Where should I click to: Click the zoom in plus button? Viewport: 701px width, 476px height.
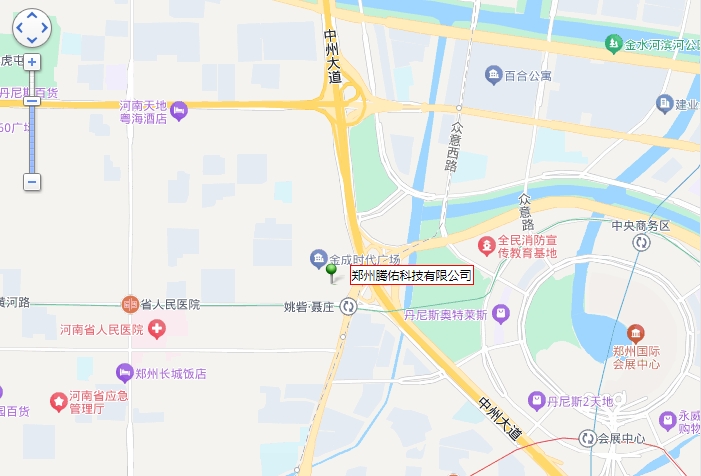(32, 62)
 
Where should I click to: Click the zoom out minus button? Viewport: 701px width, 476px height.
(32, 182)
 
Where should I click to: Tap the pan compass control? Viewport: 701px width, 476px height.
(32, 28)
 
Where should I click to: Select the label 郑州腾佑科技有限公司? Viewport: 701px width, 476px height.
(411, 275)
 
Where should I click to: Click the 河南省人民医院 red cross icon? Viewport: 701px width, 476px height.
(156, 328)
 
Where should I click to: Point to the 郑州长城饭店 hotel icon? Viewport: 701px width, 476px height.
(125, 373)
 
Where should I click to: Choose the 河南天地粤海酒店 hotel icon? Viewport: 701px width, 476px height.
(179, 111)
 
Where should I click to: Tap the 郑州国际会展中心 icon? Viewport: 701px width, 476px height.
(636, 332)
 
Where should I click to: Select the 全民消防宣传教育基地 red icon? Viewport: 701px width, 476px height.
(486, 243)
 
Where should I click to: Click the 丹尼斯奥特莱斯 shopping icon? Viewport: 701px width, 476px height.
(501, 315)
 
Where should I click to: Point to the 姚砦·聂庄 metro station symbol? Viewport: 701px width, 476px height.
(347, 307)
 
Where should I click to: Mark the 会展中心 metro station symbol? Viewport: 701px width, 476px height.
(588, 439)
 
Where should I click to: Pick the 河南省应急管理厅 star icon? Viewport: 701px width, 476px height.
(59, 402)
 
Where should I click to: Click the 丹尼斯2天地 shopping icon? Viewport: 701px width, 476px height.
(536, 401)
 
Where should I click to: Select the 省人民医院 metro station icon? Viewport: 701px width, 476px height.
(129, 304)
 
